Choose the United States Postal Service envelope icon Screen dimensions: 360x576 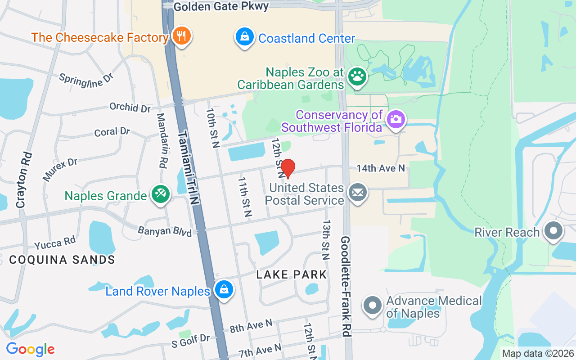358,193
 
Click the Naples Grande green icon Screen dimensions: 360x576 161,195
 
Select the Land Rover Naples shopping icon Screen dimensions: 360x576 224,290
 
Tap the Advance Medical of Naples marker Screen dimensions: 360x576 373,306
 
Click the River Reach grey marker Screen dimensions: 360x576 553,231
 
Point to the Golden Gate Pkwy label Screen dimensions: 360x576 221,6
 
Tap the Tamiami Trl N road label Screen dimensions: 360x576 189,168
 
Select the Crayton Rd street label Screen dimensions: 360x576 25,180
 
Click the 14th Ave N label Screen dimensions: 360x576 381,168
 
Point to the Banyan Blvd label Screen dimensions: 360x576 165,231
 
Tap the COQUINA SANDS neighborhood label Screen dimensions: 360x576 62,260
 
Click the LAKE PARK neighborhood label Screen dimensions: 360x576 291,274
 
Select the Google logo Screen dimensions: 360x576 30,349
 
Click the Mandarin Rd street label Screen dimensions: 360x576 162,140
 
